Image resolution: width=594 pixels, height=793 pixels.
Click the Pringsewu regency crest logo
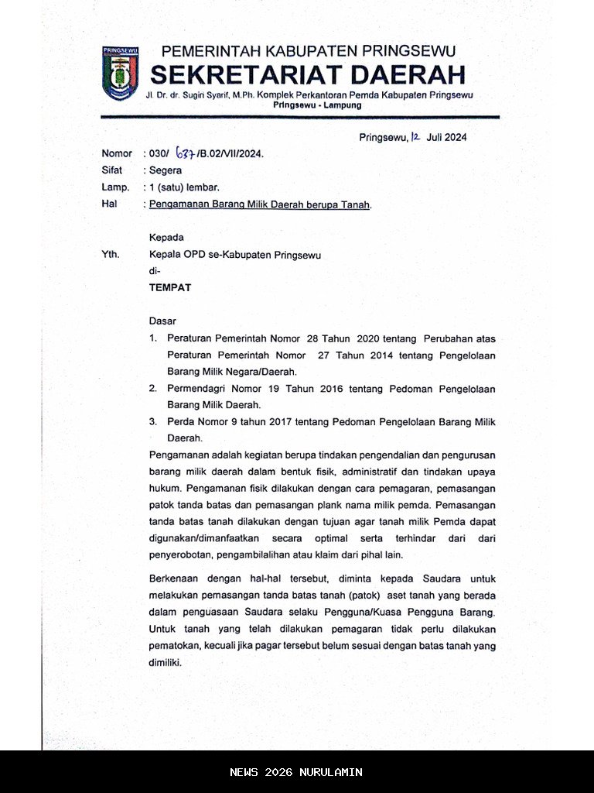tap(119, 74)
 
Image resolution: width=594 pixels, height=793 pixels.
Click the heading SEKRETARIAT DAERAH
tap(308, 75)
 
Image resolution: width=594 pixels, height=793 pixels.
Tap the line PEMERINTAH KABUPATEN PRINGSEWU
tap(308, 52)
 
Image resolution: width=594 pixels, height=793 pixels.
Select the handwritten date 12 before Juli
tap(415, 137)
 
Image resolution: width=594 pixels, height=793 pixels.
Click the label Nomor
tap(116, 153)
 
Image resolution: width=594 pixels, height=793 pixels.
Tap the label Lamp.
tap(114, 187)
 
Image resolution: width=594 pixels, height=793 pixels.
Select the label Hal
tap(108, 204)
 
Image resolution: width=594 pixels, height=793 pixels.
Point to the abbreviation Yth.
tap(111, 254)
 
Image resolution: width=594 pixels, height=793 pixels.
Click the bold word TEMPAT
tap(169, 287)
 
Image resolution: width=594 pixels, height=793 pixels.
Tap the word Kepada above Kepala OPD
tap(166, 238)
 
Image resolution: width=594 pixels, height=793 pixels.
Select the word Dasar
tap(162, 321)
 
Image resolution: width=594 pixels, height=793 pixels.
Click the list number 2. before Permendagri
tap(153, 389)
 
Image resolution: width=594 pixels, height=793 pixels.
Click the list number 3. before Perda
tap(153, 422)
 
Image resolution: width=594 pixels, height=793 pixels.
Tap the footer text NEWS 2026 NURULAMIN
tap(296, 772)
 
